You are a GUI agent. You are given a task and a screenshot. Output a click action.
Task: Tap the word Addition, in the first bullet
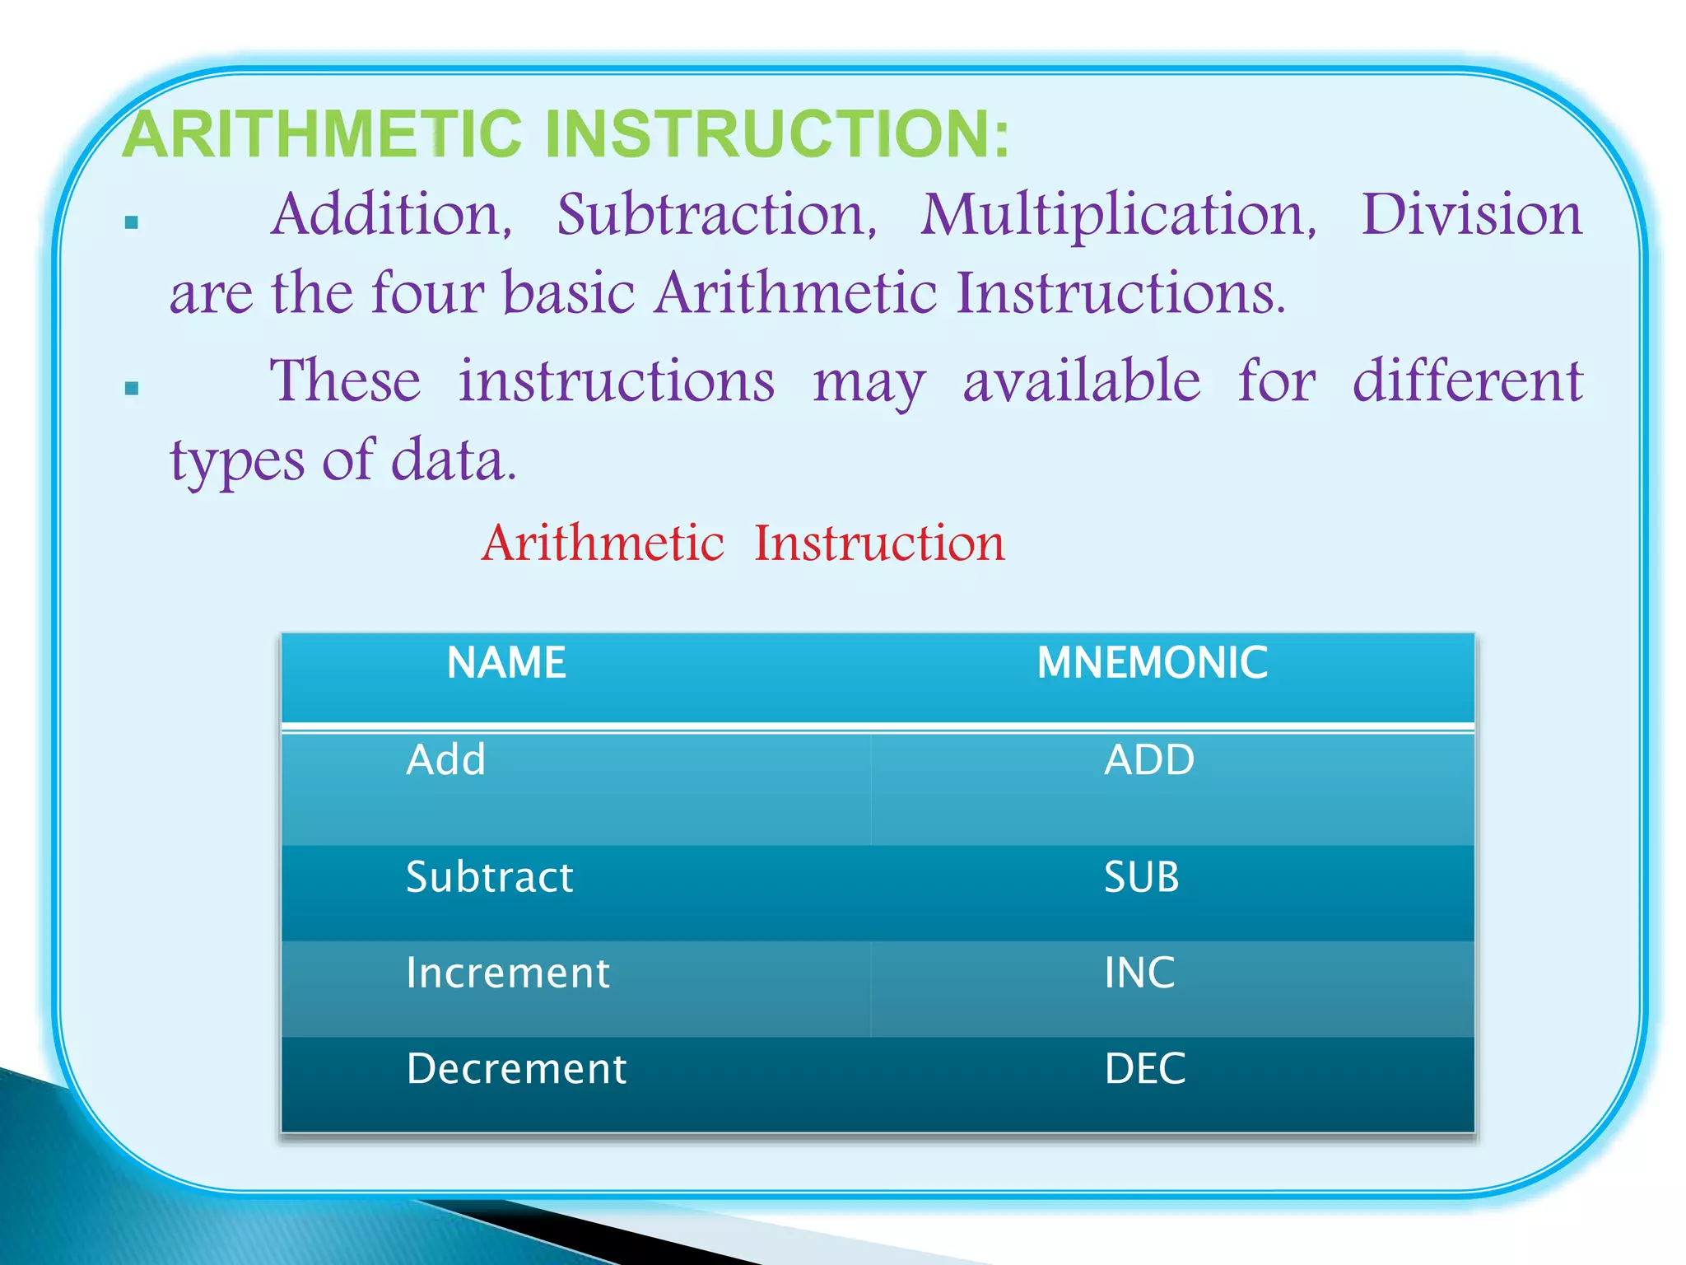[392, 215]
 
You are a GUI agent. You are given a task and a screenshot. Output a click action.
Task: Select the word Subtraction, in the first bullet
[717, 215]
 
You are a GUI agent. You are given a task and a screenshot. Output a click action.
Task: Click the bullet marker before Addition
[132, 222]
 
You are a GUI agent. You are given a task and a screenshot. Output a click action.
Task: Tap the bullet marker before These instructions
[132, 388]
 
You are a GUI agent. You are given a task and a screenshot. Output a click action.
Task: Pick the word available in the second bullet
[1082, 381]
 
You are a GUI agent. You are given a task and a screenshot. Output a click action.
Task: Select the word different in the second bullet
[1468, 381]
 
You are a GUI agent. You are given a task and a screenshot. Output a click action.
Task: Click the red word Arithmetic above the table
[603, 544]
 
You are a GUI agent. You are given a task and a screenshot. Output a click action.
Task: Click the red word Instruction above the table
[879, 544]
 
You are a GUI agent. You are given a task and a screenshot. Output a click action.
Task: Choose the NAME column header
[506, 663]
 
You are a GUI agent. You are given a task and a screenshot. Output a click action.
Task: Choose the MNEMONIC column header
[1152, 663]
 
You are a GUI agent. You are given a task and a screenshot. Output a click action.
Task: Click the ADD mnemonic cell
[1149, 760]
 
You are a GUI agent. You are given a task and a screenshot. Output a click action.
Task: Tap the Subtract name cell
[490, 877]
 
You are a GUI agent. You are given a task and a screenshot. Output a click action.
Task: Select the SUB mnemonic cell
[1141, 877]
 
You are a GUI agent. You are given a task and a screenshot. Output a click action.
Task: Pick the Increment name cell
[508, 973]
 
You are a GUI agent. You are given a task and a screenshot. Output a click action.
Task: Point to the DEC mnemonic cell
[1144, 1069]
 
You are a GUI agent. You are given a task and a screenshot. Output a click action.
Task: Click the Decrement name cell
[516, 1069]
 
